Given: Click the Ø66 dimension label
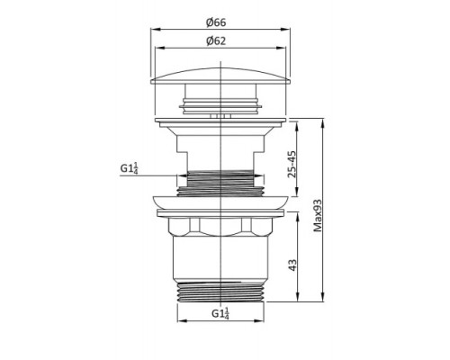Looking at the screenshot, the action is (x=216, y=22).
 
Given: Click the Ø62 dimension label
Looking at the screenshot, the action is (x=216, y=40).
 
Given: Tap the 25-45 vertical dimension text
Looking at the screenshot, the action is (x=292, y=165).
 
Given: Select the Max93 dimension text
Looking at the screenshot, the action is (x=318, y=215).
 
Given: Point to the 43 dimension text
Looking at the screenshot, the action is (x=292, y=265).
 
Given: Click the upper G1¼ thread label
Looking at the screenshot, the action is (x=130, y=168).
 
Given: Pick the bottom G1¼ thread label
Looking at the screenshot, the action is (x=220, y=313).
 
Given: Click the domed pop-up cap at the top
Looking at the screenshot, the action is (x=220, y=76).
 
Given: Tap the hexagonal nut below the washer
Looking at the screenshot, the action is (x=220, y=226).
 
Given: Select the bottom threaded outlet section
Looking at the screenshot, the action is (x=220, y=292).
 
